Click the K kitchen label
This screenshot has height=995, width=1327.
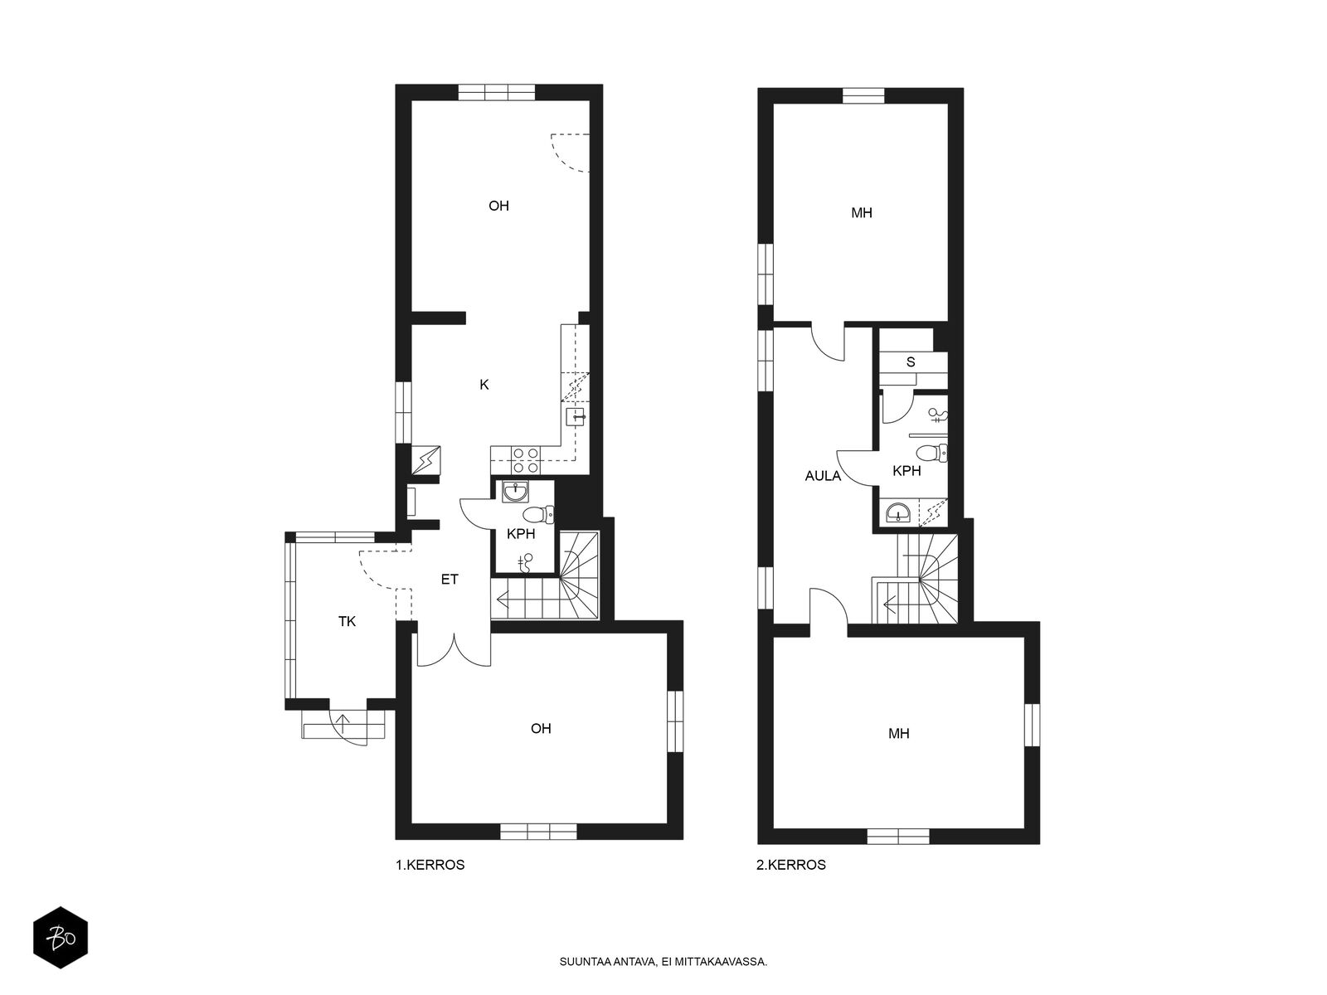484,385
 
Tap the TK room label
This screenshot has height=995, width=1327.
347,622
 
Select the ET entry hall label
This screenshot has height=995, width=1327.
450,580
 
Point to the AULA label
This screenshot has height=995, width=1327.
823,476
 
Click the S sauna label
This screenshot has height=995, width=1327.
911,362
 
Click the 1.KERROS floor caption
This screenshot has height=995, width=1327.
430,865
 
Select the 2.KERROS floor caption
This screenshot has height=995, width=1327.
790,865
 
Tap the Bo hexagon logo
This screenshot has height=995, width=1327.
61,938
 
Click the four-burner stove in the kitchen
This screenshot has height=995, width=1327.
525,460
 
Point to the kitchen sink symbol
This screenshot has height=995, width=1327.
575,417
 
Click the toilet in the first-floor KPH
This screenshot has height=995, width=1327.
538,515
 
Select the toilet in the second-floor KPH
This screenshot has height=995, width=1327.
931,453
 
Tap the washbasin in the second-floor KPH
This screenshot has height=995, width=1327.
901,513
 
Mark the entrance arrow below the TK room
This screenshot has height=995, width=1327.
343,724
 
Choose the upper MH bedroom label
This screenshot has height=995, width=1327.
862,213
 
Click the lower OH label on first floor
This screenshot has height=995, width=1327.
541,729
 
